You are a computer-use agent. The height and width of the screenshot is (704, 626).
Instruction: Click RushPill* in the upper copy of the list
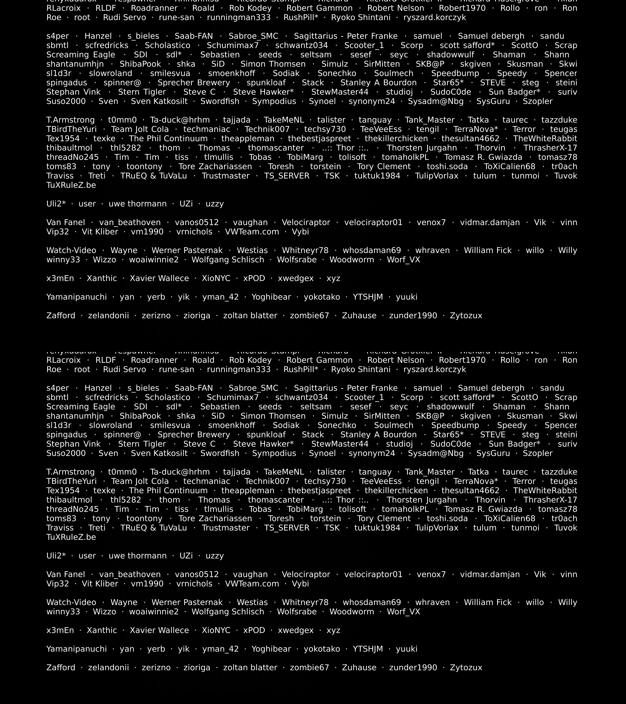tap(301, 18)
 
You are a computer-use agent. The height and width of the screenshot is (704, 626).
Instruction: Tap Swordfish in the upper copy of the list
tap(220, 101)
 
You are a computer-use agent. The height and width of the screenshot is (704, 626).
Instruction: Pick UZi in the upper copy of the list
tap(186, 204)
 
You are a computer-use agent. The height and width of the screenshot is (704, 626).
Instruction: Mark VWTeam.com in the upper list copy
tap(252, 232)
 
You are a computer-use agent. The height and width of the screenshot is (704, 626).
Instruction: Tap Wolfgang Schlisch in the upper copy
tap(228, 260)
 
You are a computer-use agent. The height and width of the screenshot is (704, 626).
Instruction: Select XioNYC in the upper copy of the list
tap(216, 278)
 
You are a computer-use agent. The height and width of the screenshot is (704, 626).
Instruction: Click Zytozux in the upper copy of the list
tap(466, 316)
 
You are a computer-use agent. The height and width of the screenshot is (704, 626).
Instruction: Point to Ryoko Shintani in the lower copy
tap(361, 370)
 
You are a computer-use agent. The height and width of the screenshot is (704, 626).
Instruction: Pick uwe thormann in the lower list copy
tap(137, 556)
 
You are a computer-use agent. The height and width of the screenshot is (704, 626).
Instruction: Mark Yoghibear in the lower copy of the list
tap(271, 649)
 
